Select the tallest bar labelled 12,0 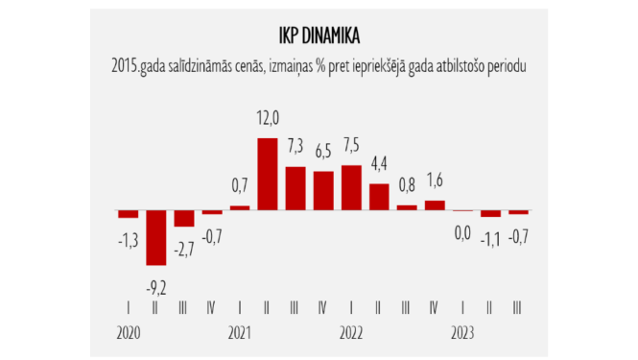tap(268, 174)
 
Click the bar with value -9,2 tap(155, 237)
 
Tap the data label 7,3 tap(296, 145)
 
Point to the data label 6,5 tap(324, 152)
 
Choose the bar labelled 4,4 tap(379, 196)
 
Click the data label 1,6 tap(435, 179)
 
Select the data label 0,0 tap(462, 231)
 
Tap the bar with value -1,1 tap(490, 214)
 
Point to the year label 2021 tap(240, 332)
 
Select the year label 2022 tap(351, 332)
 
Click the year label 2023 tap(462, 332)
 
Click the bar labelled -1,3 tap(128, 214)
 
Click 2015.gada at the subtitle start tap(138, 66)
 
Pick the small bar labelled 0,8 tap(407, 207)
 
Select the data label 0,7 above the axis tap(240, 184)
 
